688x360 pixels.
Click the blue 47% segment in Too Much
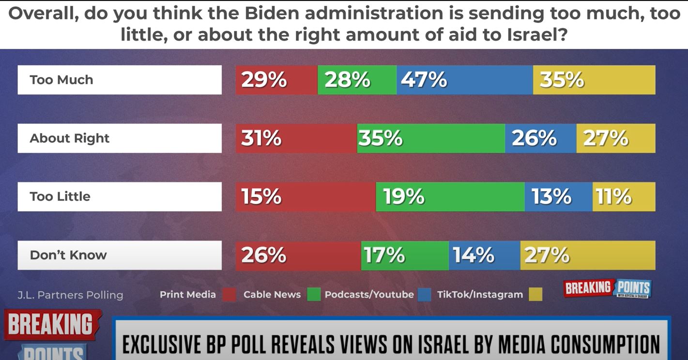pos(464,80)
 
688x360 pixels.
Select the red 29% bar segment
pos(276,80)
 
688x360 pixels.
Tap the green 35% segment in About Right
pos(431,138)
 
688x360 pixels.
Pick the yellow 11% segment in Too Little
pos(624,197)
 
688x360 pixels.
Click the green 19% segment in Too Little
pos(450,197)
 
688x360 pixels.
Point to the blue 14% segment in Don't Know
pos(484,255)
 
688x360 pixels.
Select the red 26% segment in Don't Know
pos(298,255)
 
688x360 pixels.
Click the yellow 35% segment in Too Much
pos(594,80)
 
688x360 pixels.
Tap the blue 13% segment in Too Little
pos(558,197)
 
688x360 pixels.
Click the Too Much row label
pos(120,80)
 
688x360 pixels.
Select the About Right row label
pos(120,138)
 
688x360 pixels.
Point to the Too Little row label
pos(120,197)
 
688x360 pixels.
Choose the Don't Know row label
pos(120,255)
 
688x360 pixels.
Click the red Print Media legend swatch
pos(229,294)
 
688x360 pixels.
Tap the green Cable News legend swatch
pos(314,294)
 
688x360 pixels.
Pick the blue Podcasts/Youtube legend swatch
pos(425,294)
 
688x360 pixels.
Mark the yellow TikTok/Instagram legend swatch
pos(535,294)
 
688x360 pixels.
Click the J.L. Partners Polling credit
pos(70,295)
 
